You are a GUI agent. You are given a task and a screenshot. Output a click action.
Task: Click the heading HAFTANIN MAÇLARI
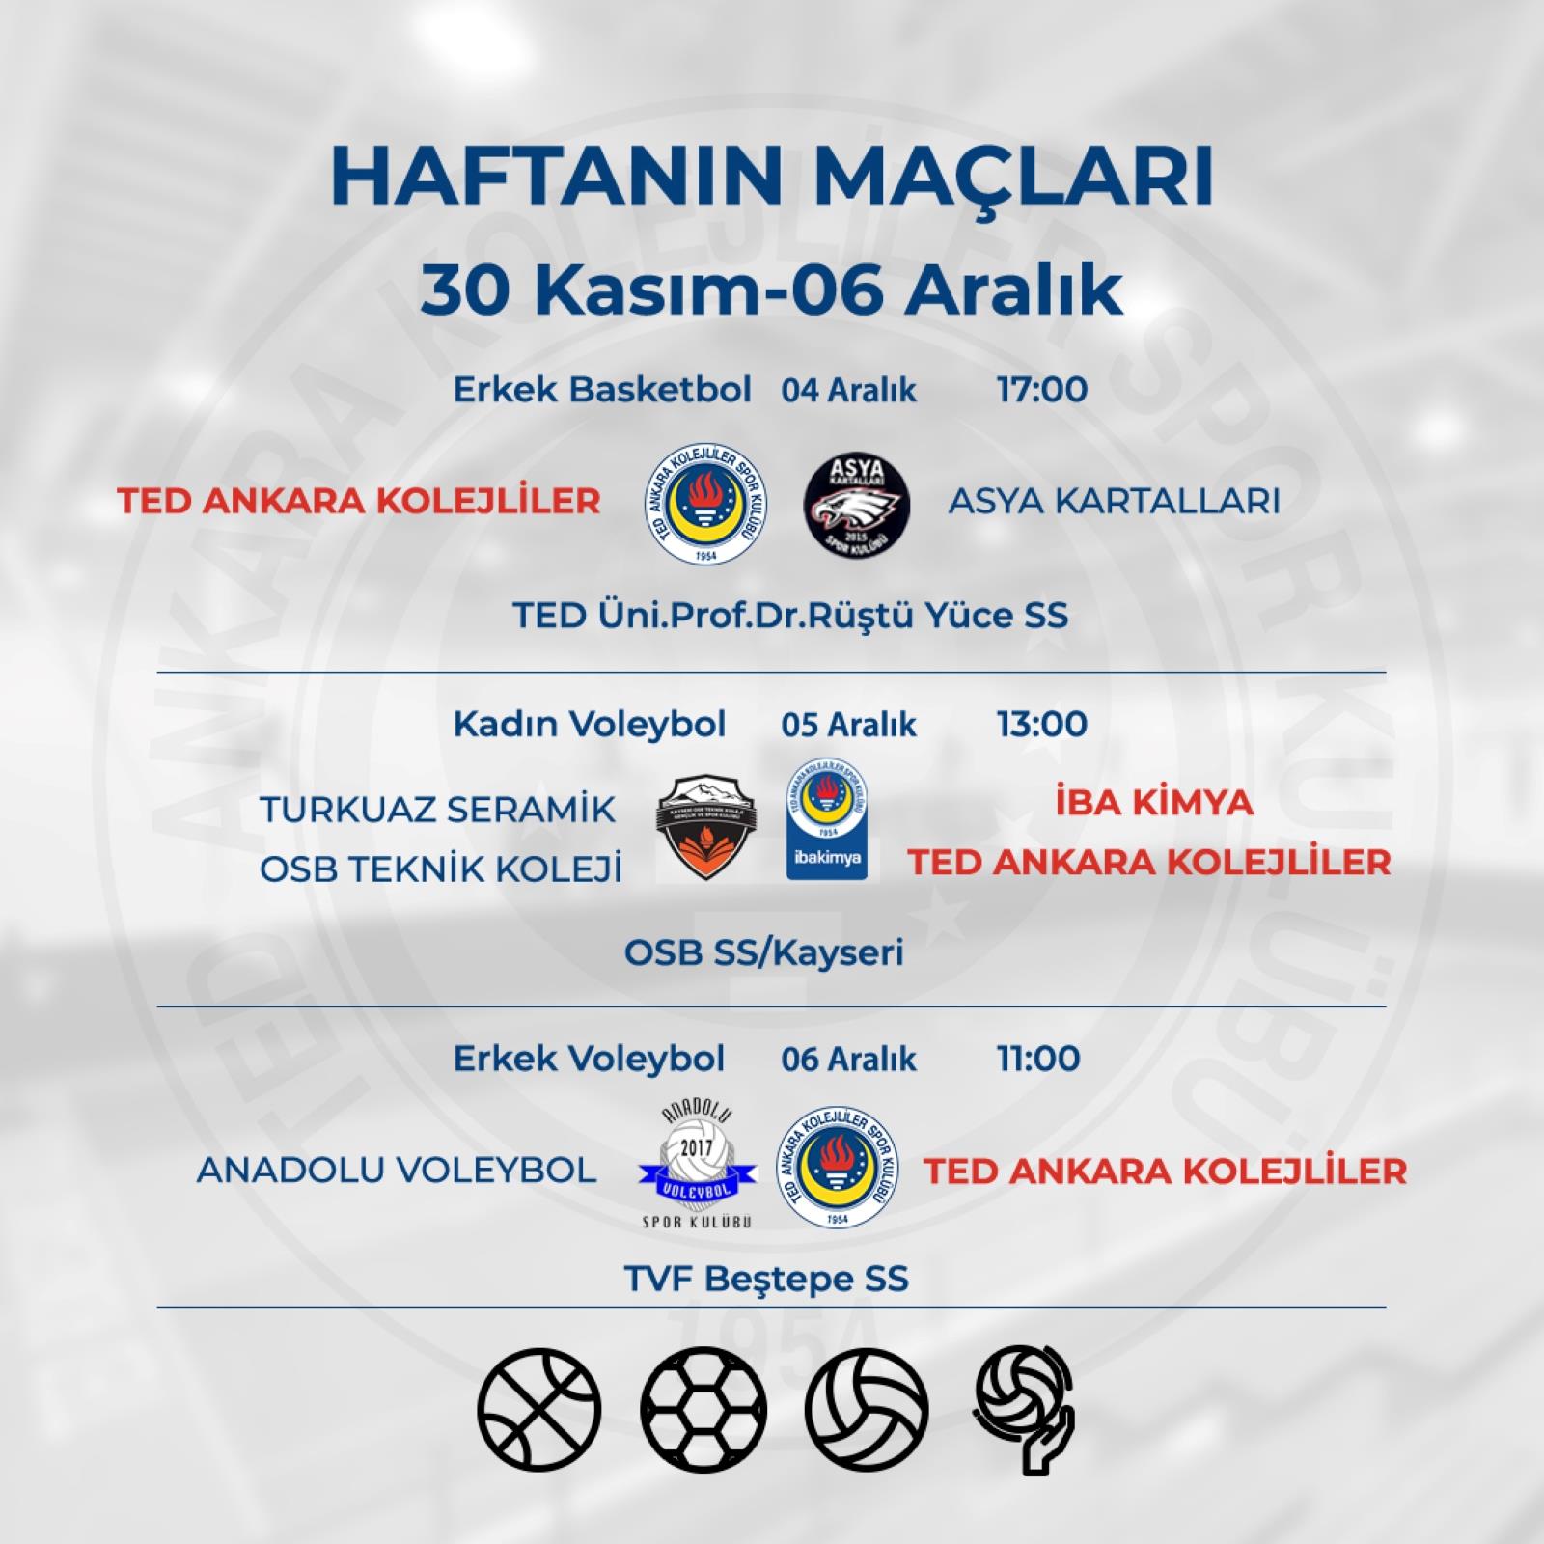click(772, 178)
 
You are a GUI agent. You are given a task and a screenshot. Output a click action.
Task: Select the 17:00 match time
click(1042, 390)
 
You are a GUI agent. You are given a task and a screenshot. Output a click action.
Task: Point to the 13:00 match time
click(1042, 724)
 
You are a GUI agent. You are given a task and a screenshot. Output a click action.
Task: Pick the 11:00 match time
click(1038, 1059)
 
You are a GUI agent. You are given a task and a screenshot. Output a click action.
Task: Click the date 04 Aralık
click(849, 391)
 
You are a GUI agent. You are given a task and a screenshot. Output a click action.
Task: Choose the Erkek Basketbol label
click(602, 390)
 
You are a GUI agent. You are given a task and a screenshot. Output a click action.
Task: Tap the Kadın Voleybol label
click(590, 725)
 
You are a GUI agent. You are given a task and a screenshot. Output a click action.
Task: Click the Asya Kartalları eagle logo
click(857, 503)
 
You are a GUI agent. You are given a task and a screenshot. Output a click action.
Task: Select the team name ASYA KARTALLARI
click(1115, 502)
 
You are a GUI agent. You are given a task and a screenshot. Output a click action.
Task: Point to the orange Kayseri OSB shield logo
click(706, 827)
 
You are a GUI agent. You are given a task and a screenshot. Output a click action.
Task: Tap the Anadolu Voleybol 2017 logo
click(697, 1168)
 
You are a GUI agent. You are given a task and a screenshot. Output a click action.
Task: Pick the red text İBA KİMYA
click(1154, 803)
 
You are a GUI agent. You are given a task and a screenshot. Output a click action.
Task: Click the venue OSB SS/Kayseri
click(764, 953)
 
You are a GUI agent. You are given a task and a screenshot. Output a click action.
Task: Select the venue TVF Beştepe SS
click(766, 1280)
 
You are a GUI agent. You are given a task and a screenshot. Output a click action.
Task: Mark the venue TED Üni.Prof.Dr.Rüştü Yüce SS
click(790, 616)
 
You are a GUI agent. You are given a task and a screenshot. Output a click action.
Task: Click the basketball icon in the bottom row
click(539, 1410)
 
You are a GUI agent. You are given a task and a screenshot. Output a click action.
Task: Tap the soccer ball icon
click(703, 1410)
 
